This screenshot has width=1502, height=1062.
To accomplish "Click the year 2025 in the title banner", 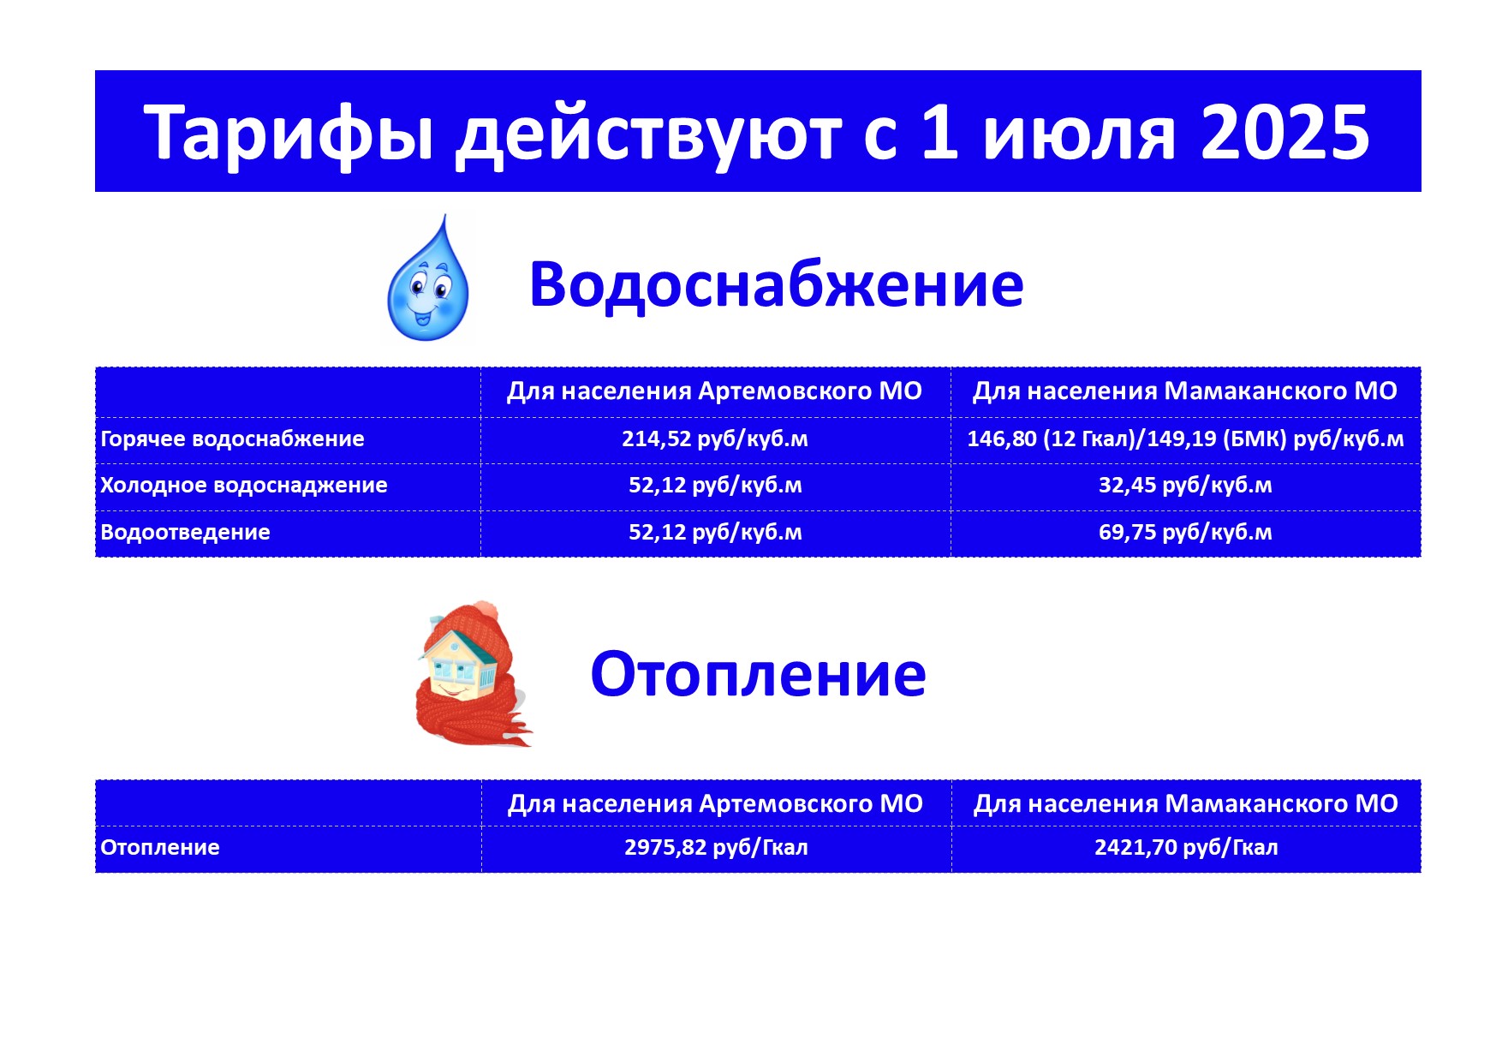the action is point(1285,132).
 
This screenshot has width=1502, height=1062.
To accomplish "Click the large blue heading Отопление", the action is point(758,675).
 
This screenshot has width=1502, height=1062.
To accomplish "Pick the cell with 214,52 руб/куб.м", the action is point(715,439).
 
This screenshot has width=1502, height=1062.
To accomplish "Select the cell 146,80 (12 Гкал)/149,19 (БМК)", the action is point(1185,439).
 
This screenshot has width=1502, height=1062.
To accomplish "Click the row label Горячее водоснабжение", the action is point(232,439).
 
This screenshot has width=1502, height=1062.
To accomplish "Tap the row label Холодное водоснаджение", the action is point(244,486).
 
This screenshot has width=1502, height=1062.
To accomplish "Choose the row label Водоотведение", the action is point(185,532).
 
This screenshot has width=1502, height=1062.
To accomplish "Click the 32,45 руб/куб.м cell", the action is point(1185,486).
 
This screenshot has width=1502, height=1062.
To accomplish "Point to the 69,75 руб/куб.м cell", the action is point(1185,532).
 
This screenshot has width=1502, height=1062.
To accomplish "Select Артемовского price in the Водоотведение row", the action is point(715,532).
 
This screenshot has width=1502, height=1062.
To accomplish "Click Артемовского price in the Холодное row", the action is point(715,486).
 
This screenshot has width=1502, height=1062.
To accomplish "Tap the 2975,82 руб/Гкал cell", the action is point(716,848).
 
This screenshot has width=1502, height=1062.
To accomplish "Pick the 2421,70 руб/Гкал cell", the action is point(1186,848).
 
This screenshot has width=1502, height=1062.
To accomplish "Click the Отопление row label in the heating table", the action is point(160,848).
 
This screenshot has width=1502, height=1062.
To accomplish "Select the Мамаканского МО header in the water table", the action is point(1185,391).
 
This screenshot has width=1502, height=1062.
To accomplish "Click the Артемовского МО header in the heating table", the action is point(715,804).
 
